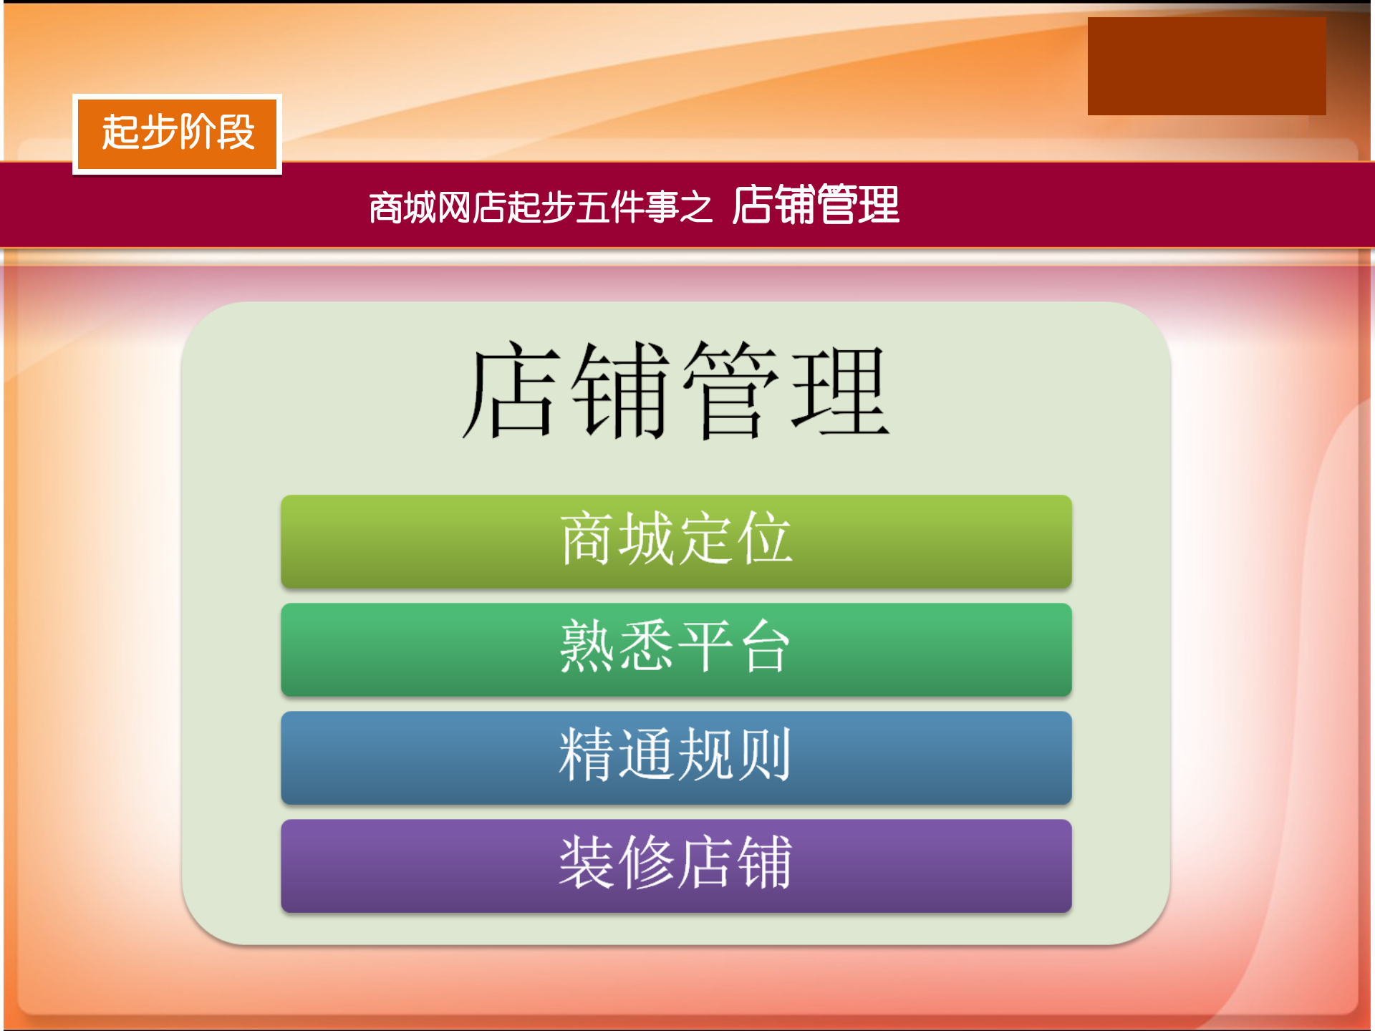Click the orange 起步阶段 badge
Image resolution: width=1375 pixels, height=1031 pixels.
pyautogui.click(x=177, y=134)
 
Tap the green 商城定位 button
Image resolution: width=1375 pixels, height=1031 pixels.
pyautogui.click(x=676, y=541)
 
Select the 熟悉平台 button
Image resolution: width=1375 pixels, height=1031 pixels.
pyautogui.click(x=676, y=649)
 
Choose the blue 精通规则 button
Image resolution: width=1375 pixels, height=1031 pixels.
pyautogui.click(x=676, y=757)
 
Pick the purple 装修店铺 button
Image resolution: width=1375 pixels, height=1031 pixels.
pyautogui.click(x=676, y=866)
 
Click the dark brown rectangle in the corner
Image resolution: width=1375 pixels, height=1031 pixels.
pyautogui.click(x=1206, y=66)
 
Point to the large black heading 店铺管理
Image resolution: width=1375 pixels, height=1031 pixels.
pyautogui.click(x=676, y=390)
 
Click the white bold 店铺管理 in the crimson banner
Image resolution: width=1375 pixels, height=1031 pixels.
pyautogui.click(x=816, y=205)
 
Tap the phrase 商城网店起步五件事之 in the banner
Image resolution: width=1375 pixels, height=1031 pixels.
pyautogui.click(x=541, y=208)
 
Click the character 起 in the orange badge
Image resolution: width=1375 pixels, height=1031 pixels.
pyautogui.click(x=120, y=132)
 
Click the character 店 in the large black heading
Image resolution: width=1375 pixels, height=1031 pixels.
pyautogui.click(x=510, y=390)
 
